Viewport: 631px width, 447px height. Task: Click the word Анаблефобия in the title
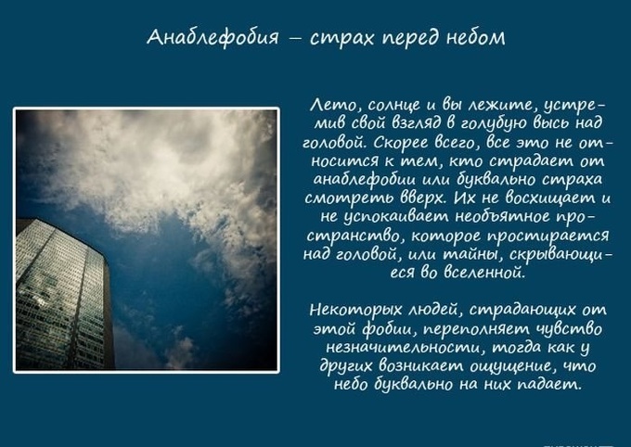click(212, 37)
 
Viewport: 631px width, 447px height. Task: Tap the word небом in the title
click(475, 37)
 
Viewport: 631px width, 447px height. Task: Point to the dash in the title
click(294, 39)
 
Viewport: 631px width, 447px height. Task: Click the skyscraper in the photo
click(64, 295)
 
